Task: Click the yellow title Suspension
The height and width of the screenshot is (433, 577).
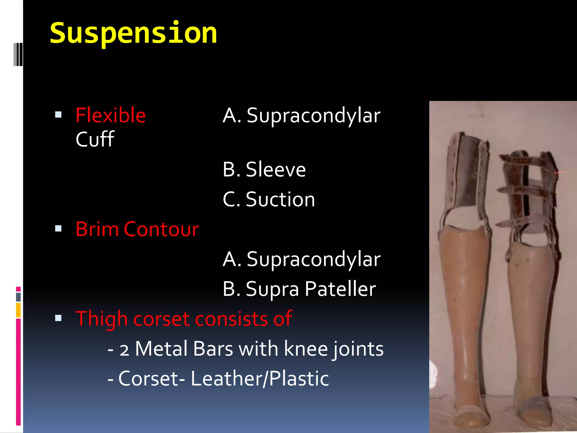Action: (133, 34)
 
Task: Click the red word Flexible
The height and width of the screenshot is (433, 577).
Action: (110, 115)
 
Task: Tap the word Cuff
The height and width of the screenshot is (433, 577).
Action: (95, 139)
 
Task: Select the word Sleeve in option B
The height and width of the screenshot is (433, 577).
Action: (276, 170)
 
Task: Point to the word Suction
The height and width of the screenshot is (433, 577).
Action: (280, 200)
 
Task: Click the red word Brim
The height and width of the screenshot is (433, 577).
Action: (97, 229)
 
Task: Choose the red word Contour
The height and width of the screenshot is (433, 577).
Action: (161, 229)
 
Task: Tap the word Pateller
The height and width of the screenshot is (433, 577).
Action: (340, 289)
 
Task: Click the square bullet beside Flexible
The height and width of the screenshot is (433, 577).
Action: (58, 115)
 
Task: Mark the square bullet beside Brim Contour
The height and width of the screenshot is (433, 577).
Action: (58, 228)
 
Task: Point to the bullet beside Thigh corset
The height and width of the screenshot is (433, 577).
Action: (58, 318)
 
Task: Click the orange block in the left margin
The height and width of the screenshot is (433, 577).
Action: (18, 310)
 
